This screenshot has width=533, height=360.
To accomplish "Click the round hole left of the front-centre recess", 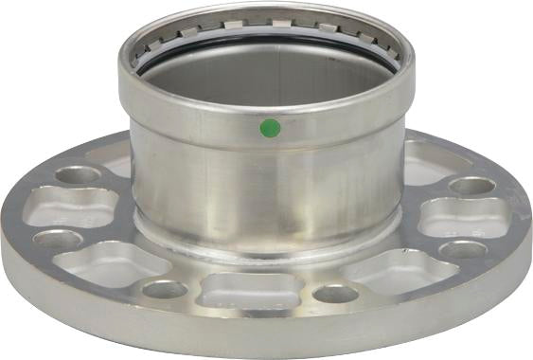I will (x=166, y=288).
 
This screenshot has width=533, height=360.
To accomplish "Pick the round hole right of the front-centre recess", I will (x=336, y=293).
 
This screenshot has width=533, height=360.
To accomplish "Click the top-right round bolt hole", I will (x=471, y=185).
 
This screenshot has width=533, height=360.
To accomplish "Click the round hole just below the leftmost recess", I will (x=58, y=239).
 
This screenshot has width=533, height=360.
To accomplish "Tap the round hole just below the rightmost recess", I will (x=463, y=249).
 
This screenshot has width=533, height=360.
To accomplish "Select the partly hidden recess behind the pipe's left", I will (x=115, y=162).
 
